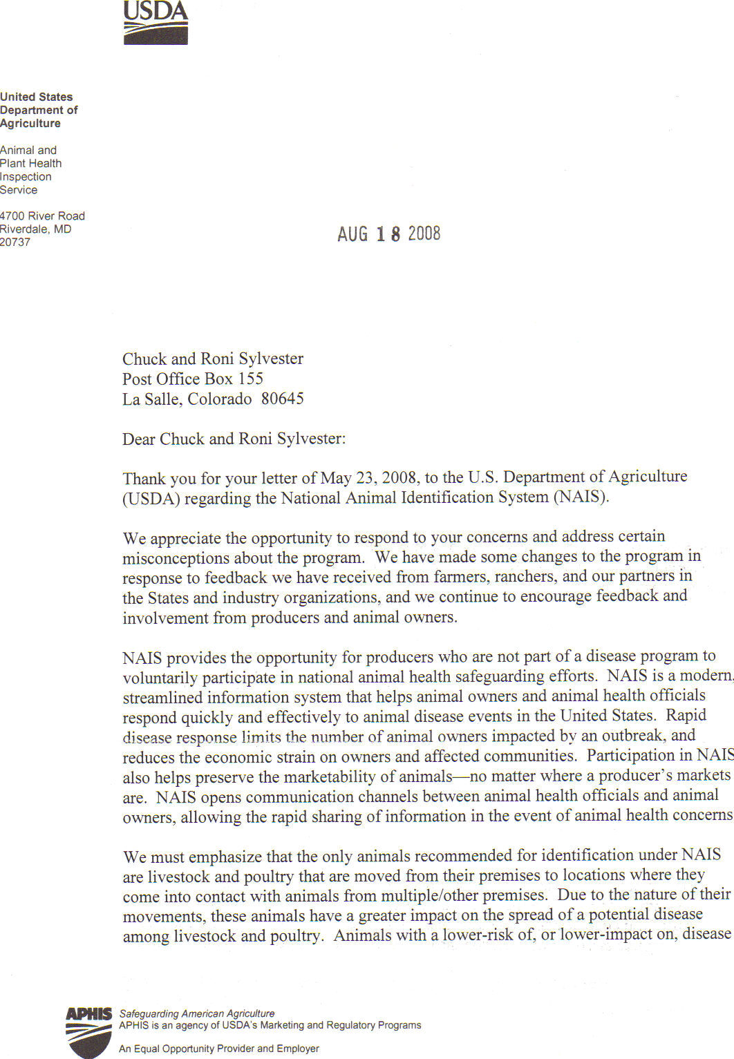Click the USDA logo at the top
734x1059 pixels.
point(156,23)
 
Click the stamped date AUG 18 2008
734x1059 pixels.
point(388,234)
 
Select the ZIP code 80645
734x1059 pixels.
point(282,399)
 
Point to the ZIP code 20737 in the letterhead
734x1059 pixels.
point(15,242)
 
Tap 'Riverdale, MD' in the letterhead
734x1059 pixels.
point(35,229)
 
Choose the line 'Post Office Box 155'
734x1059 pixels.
point(193,379)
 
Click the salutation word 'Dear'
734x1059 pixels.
point(139,439)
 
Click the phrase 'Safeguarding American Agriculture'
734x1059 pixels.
point(197,1013)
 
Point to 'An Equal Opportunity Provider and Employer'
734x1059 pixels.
point(219,1049)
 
